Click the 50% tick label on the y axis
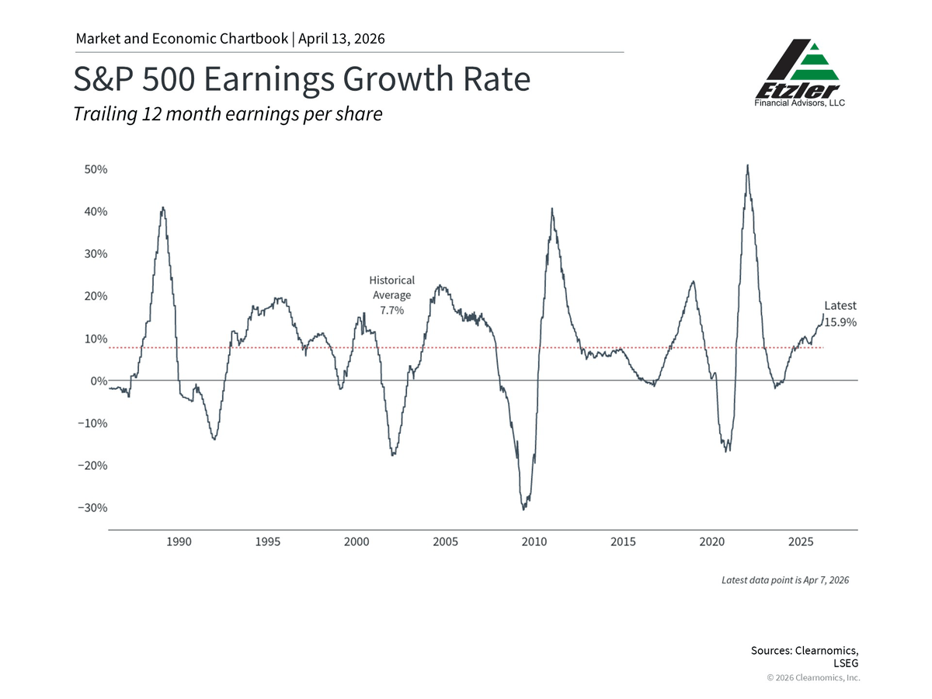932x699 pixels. [x=96, y=169]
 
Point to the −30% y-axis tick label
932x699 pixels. [x=92, y=508]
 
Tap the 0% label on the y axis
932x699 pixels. [x=99, y=381]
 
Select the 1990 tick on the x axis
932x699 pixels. [x=179, y=541]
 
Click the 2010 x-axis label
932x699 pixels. [x=534, y=541]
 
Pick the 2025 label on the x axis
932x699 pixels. [x=801, y=541]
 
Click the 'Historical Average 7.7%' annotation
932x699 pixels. [x=391, y=295]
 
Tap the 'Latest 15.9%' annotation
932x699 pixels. [x=840, y=314]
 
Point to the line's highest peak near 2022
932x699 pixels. [x=747, y=165]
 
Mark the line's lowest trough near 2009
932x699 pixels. [x=523, y=509]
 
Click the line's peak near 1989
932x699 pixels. [x=162, y=207]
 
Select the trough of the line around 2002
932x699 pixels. [x=393, y=455]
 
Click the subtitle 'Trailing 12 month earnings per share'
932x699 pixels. [x=228, y=114]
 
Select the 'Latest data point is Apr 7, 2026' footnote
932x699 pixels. [x=785, y=580]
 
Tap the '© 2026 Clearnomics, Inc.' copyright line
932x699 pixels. [x=813, y=678]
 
